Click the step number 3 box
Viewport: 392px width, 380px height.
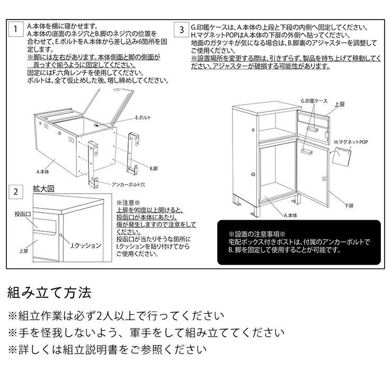click(x=182, y=29)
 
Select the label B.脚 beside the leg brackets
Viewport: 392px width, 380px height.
click(x=153, y=168)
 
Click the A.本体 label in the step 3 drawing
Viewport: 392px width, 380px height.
click(x=290, y=215)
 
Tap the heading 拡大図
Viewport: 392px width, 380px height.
click(x=43, y=188)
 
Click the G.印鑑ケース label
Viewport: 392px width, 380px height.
click(x=314, y=100)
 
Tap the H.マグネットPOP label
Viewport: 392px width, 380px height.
click(x=351, y=142)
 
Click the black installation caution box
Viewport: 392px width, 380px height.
click(x=299, y=242)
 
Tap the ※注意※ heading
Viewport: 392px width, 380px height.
click(x=128, y=202)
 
